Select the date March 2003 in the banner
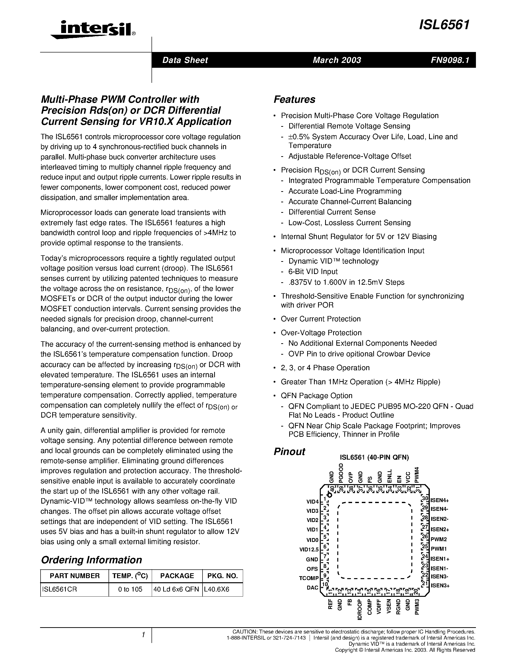point(337,60)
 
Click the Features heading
point(294,99)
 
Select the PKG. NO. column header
point(222,576)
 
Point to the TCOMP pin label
point(308,578)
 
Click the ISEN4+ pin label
point(439,501)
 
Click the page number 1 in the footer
point(143,635)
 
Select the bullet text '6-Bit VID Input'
point(313,272)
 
